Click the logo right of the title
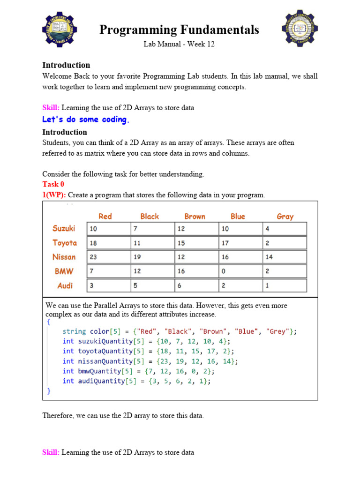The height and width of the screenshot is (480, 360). pyautogui.click(x=300, y=28)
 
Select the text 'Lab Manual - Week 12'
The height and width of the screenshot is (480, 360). pyautogui.click(x=179, y=45)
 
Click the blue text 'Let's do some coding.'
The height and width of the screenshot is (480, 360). pyautogui.click(x=86, y=120)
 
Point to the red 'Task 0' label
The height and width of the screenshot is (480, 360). pyautogui.click(x=53, y=184)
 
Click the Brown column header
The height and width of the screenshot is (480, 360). pyautogui.click(x=195, y=216)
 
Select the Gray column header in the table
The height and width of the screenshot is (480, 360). pyautogui.click(x=285, y=216)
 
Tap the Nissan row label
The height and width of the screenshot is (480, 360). pyautogui.click(x=64, y=257)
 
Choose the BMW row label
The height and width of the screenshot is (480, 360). pyautogui.click(x=64, y=271)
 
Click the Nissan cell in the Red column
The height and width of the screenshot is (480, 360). pyautogui.click(x=109, y=257)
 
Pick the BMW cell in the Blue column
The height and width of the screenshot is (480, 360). pyautogui.click(x=240, y=271)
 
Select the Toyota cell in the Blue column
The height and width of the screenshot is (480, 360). pyautogui.click(x=240, y=243)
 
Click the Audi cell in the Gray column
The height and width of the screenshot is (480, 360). pyautogui.click(x=285, y=285)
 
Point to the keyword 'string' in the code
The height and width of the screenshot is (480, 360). pyautogui.click(x=74, y=331)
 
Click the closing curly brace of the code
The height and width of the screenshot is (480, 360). pyautogui.click(x=49, y=390)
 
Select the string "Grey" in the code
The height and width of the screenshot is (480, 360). pyautogui.click(x=277, y=331)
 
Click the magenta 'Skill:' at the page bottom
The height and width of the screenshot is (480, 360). pyautogui.click(x=51, y=452)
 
